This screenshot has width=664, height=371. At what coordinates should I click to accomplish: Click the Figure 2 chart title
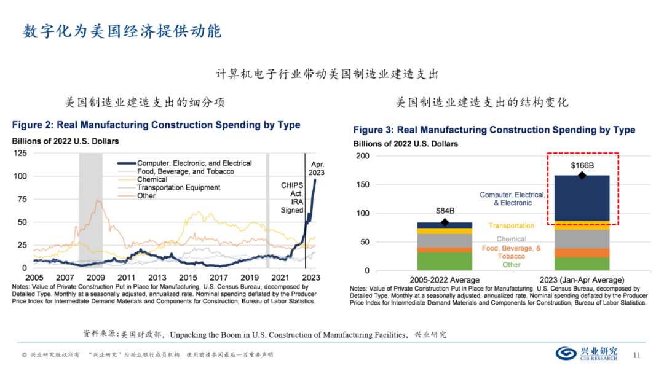(156, 125)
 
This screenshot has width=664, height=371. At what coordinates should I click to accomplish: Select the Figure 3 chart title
(494, 130)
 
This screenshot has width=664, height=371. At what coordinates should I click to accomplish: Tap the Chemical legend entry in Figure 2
(152, 179)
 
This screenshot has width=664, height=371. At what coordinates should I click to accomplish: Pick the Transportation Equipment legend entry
(178, 187)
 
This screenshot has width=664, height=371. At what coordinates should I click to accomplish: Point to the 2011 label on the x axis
(126, 278)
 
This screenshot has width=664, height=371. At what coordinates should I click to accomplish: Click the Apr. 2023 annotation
(317, 168)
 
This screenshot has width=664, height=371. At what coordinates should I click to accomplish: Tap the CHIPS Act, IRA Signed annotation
(292, 197)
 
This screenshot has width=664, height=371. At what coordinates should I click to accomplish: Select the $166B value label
(582, 166)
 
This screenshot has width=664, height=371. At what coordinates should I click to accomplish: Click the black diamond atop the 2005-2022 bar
(445, 222)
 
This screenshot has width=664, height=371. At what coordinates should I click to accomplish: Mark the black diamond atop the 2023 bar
(582, 176)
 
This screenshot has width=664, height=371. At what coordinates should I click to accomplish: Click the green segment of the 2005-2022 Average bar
(445, 261)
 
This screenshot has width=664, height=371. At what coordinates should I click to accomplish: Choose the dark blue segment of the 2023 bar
(582, 198)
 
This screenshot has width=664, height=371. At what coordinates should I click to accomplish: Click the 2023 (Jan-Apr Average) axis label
(582, 279)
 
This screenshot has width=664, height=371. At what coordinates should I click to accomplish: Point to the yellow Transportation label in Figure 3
(512, 226)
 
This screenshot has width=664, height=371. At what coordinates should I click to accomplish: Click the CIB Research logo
(590, 353)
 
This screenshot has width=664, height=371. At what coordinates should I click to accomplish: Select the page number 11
(637, 354)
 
